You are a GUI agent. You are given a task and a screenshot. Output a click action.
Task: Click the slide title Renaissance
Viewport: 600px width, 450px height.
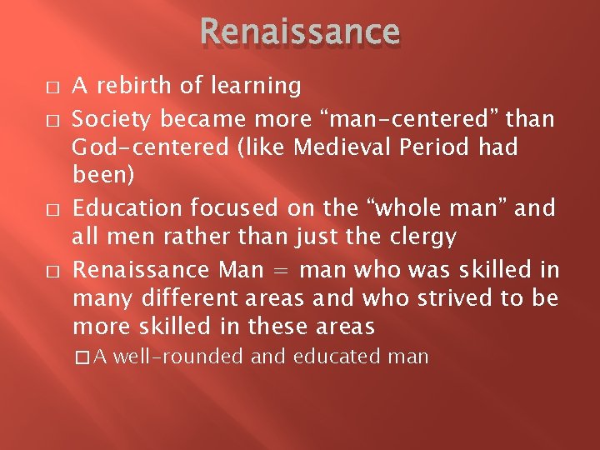(300, 32)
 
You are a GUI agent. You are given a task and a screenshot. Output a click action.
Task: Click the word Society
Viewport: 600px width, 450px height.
(113, 119)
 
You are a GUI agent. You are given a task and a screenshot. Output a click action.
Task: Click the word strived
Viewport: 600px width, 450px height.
(466, 297)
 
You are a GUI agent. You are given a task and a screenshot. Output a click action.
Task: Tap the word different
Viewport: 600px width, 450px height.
(184, 297)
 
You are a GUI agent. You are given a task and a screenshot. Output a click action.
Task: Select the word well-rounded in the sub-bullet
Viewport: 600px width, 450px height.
(177, 357)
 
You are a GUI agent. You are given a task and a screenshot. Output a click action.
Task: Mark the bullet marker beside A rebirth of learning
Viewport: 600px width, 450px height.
(52, 87)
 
